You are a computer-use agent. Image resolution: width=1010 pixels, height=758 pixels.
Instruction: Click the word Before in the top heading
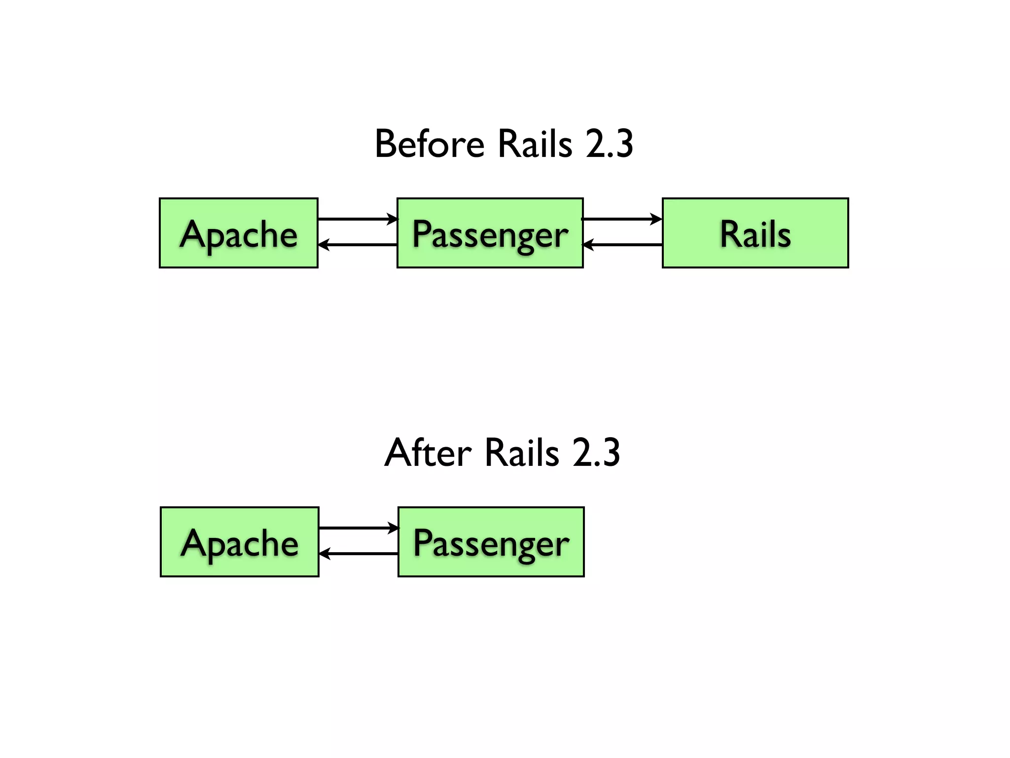tap(430, 144)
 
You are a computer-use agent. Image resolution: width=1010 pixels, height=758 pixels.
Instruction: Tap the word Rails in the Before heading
tap(535, 144)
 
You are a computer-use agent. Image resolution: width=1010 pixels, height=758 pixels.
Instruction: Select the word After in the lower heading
tap(428, 453)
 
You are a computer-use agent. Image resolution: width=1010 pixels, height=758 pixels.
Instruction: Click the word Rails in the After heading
tap(522, 453)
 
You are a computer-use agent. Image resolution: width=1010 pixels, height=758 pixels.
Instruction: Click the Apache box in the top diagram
tap(239, 233)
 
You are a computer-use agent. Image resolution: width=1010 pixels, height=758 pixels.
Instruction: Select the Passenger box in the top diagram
tap(490, 233)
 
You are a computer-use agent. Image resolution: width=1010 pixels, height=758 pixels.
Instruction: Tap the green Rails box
tap(755, 233)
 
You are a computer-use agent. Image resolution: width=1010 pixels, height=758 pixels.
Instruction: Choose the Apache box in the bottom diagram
tap(240, 541)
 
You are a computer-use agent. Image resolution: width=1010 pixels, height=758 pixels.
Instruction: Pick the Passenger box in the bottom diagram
tap(491, 541)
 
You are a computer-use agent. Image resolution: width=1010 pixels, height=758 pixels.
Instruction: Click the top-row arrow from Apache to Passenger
tap(358, 219)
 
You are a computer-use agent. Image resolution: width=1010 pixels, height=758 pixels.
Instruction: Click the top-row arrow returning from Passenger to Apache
tap(358, 244)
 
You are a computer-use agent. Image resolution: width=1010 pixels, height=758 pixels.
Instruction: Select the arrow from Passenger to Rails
tap(622, 219)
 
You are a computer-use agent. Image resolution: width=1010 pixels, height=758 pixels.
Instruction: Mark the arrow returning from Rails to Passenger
tap(622, 244)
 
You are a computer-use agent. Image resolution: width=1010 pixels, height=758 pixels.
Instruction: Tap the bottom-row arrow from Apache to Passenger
tap(359, 528)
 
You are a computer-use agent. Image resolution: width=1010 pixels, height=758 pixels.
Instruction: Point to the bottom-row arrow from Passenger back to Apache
tap(359, 554)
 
